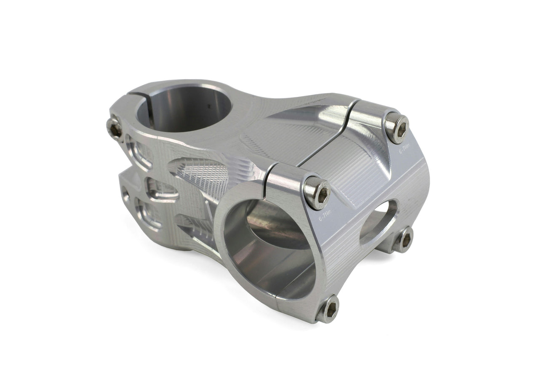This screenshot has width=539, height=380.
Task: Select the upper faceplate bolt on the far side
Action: (x=396, y=128)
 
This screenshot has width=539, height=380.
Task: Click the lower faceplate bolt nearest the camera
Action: (x=328, y=310)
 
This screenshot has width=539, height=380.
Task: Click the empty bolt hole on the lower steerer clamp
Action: (x=125, y=194)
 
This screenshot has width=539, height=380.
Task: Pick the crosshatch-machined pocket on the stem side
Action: (x=202, y=175)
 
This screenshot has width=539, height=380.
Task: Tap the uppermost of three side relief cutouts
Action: (x=138, y=152)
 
